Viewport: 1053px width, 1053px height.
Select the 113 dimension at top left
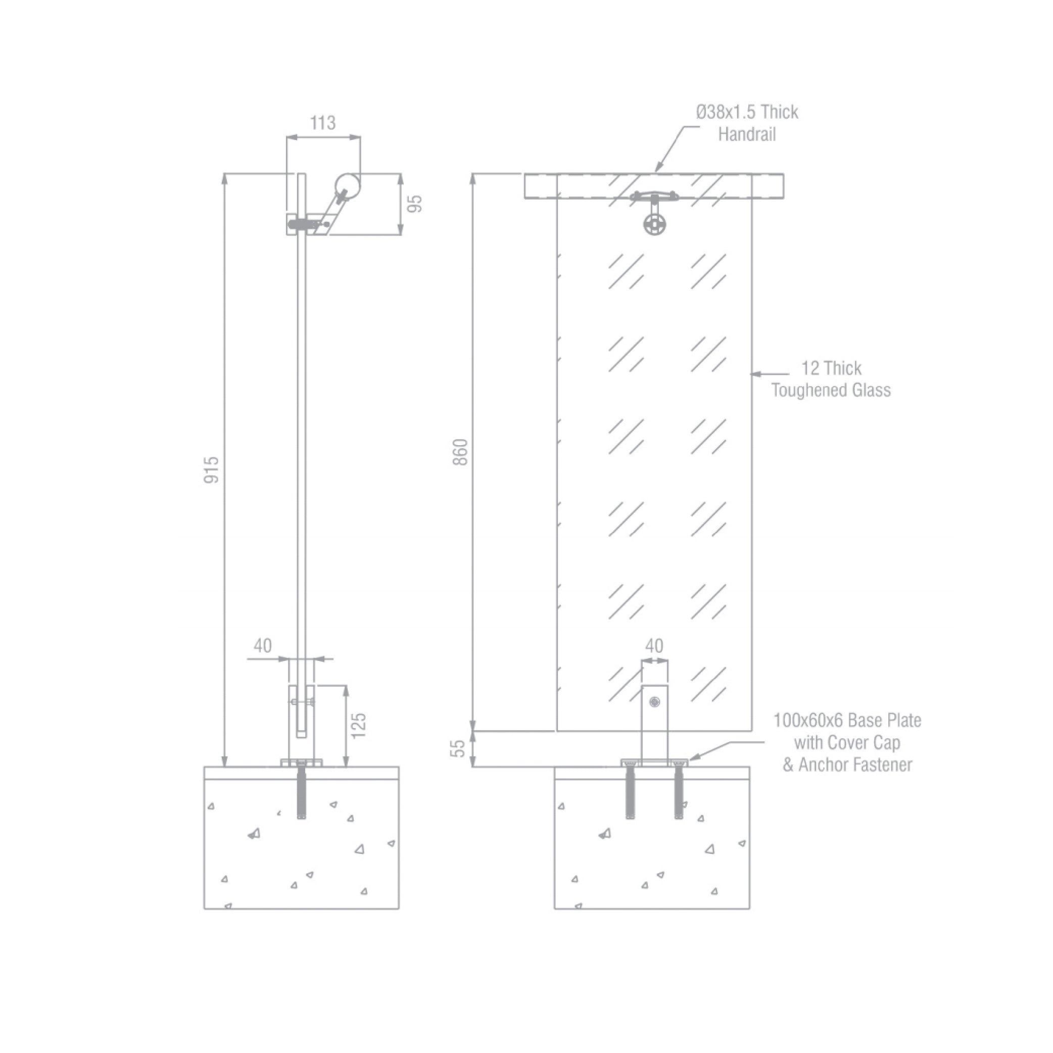[x=323, y=123]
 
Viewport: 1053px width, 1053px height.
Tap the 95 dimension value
[x=415, y=204]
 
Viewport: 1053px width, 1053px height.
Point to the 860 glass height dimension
[x=460, y=452]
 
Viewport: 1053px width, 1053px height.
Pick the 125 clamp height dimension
[x=358, y=726]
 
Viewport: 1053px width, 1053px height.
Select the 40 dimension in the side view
[x=262, y=646]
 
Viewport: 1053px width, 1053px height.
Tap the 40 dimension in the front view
[x=654, y=646]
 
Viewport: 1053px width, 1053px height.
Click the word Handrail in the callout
[x=747, y=134]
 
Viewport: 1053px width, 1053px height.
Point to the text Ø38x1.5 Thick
[x=747, y=112]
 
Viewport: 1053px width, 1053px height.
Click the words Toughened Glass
[x=831, y=390]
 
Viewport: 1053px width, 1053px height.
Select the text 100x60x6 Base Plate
[x=847, y=721]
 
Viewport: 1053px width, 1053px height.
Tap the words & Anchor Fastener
[x=847, y=764]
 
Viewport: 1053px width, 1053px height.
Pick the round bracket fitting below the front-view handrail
[x=654, y=223]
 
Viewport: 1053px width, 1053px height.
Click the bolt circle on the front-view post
[x=654, y=702]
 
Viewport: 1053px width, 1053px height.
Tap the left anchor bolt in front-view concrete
[x=631, y=791]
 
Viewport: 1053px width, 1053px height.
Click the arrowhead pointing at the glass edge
[x=756, y=374]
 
